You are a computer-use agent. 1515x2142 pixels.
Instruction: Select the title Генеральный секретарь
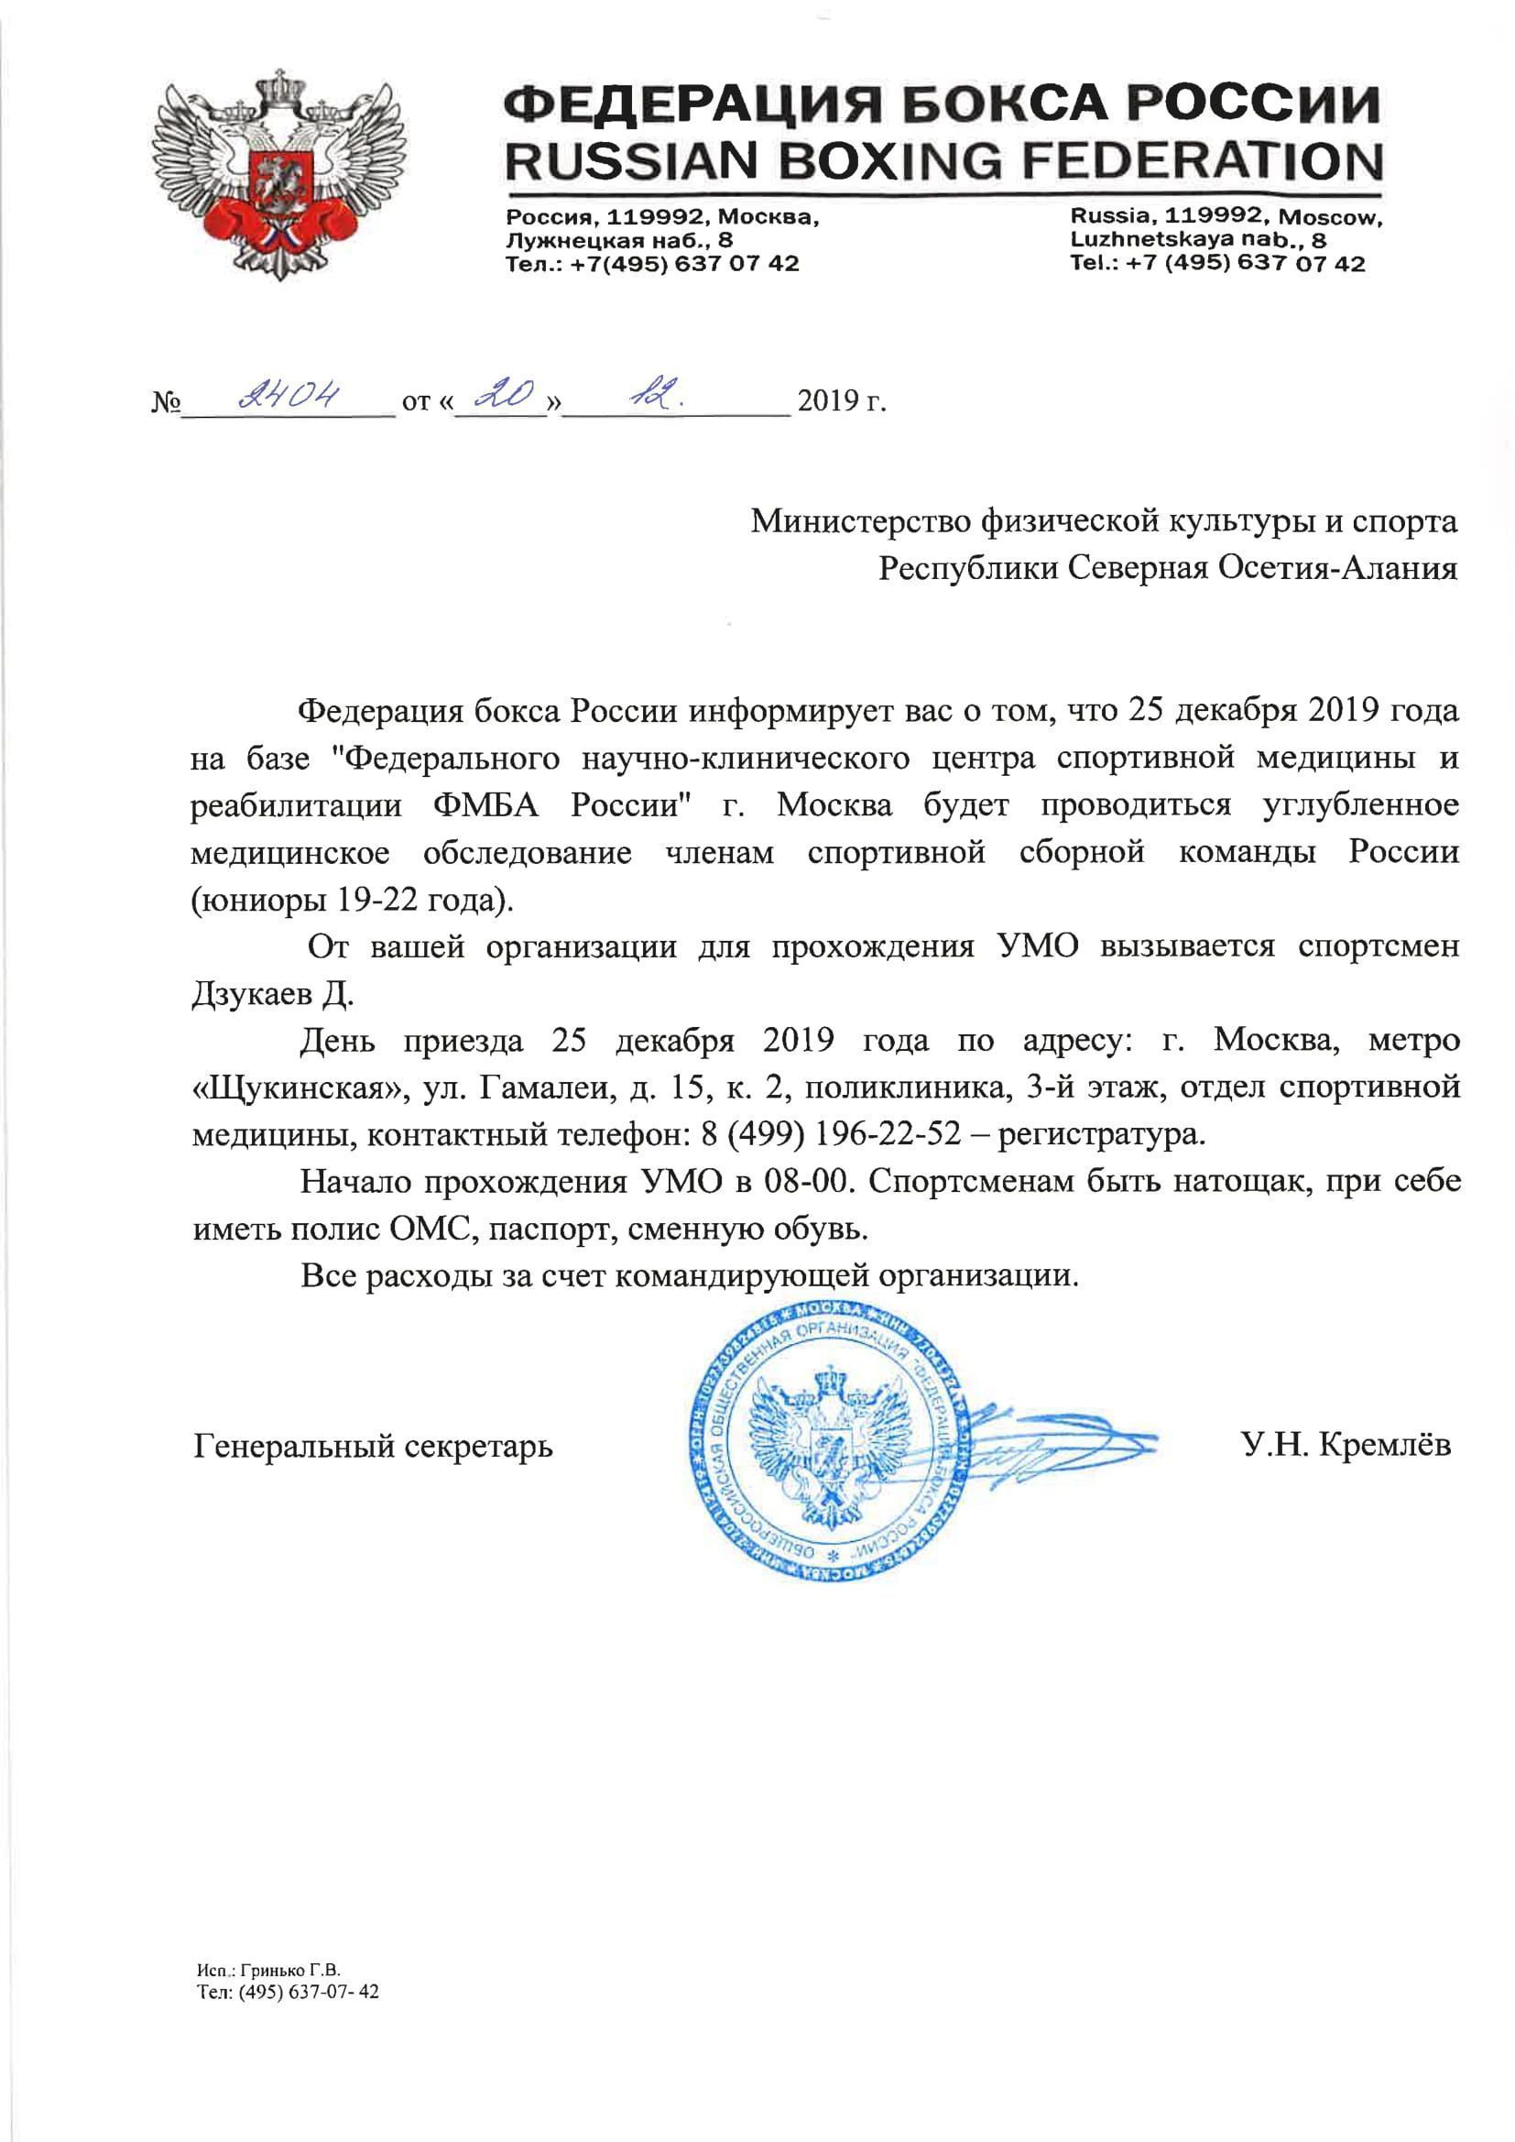373,1446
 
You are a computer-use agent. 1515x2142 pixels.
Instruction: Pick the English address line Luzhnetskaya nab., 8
1199,240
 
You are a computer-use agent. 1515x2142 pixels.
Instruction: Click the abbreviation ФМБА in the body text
485,805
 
